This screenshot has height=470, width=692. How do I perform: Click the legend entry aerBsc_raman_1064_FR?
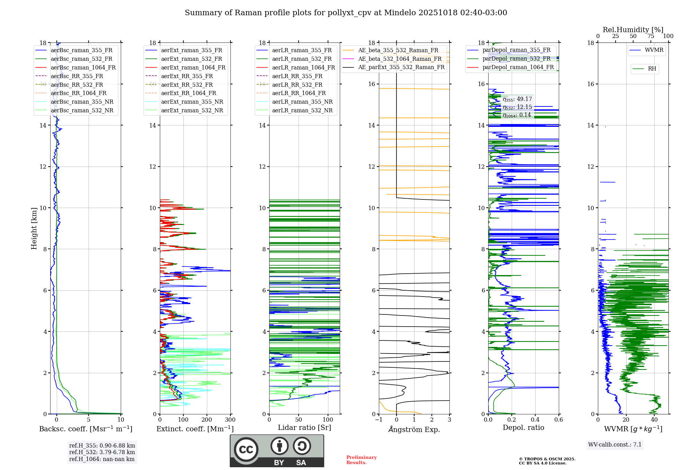pyautogui.click(x=83, y=67)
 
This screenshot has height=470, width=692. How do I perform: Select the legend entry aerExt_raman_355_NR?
pyautogui.click(x=192, y=102)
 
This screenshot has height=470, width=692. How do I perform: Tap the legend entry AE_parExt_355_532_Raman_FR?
pyautogui.click(x=401, y=67)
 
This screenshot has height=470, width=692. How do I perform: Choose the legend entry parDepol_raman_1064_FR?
pyautogui.click(x=518, y=67)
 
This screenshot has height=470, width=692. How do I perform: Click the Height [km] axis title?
pyautogui.click(x=34, y=228)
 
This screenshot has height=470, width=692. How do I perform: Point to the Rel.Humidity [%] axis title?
pyautogui.click(x=633, y=30)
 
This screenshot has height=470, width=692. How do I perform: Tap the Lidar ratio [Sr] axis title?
pyautogui.click(x=304, y=427)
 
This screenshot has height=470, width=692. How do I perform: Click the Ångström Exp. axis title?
pyautogui.click(x=414, y=429)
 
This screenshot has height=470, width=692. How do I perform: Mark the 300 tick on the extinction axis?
pyautogui.click(x=230, y=420)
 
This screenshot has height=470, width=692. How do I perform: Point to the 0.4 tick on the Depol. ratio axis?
pyautogui.click(x=535, y=420)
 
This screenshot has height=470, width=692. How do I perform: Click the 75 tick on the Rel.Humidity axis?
pyautogui.click(x=651, y=36)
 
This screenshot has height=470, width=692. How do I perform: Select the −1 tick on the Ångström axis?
pyautogui.click(x=379, y=420)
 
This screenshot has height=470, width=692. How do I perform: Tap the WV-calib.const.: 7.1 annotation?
pyautogui.click(x=614, y=445)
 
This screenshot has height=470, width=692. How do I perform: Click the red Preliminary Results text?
pyautogui.click(x=361, y=460)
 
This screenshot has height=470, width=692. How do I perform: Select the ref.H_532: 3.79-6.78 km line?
pyautogui.click(x=102, y=452)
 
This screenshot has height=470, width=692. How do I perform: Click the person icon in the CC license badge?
pyautogui.click(x=280, y=446)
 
